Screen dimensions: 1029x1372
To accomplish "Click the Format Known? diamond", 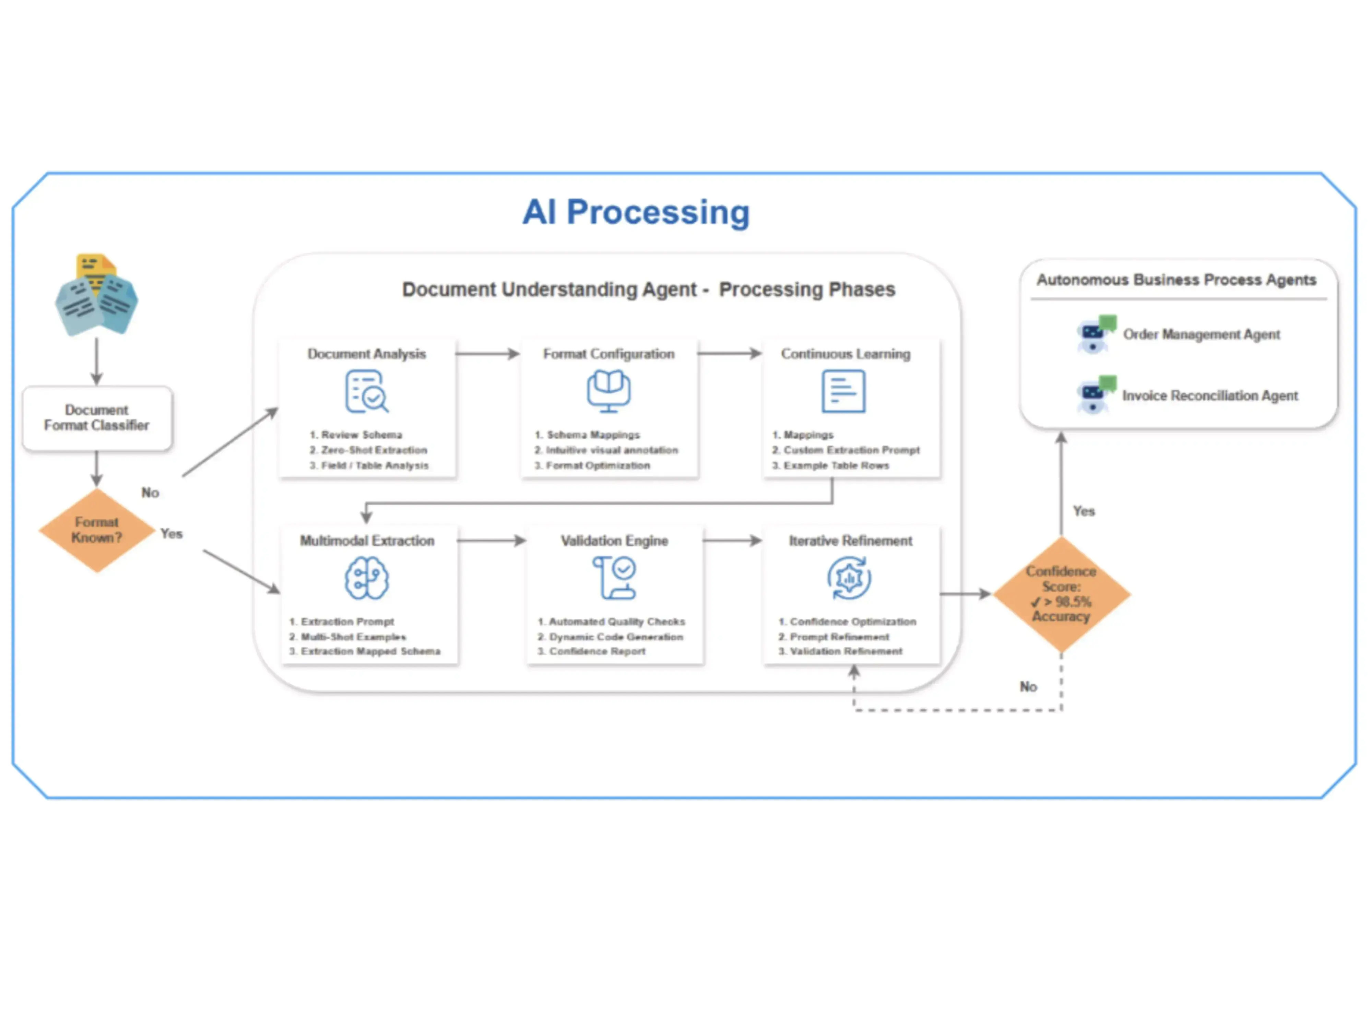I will pos(97,530).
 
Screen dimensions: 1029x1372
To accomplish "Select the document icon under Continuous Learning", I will pos(843,391).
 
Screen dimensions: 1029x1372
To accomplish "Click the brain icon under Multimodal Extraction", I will pos(367,578).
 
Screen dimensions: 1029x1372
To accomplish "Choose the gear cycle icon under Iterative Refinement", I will pos(849,578).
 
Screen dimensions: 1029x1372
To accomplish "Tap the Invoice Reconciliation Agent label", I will pos(1209,396).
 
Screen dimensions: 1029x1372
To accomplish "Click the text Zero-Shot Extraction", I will pos(374,450).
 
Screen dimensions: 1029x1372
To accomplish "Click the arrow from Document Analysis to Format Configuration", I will pos(487,354).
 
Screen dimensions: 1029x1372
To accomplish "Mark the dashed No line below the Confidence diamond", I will pos(958,710).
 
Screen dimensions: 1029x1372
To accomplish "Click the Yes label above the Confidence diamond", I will pos(1084,511).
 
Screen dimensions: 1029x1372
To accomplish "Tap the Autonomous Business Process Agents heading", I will pos(1176,280).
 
